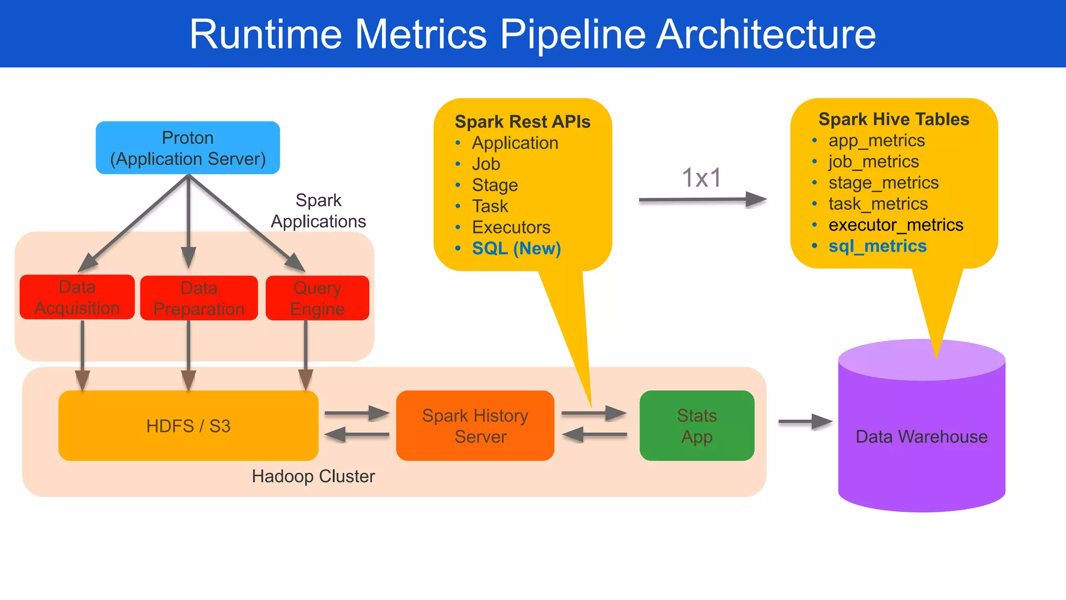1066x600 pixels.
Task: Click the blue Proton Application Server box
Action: click(x=188, y=148)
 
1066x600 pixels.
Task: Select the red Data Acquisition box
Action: click(x=77, y=297)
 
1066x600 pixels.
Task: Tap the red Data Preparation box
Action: click(x=199, y=298)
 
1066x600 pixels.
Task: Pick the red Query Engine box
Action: click(x=318, y=298)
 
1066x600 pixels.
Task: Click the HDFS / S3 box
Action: click(x=188, y=426)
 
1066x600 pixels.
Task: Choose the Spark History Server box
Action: click(x=475, y=426)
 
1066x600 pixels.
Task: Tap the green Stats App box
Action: click(x=696, y=426)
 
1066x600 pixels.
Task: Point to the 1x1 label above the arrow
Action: click(x=702, y=178)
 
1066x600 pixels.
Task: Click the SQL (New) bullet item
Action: click(x=516, y=248)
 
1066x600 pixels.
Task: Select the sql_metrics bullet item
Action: click(x=877, y=246)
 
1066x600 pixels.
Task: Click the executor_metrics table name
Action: click(x=895, y=225)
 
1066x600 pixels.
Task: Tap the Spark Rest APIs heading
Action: click(x=522, y=121)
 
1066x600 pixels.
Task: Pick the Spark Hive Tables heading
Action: click(x=893, y=119)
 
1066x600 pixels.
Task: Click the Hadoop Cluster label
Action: click(x=313, y=476)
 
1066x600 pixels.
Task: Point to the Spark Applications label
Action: click(x=318, y=211)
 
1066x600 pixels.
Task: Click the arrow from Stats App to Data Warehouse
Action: click(x=805, y=421)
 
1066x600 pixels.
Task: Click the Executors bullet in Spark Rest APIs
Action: click(x=511, y=228)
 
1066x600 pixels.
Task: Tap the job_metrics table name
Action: click(x=873, y=161)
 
